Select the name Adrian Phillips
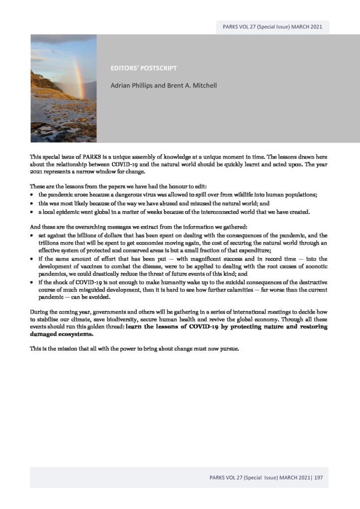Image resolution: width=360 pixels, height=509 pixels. [x=130, y=86]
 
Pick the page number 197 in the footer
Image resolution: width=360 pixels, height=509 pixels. [x=319, y=478]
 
